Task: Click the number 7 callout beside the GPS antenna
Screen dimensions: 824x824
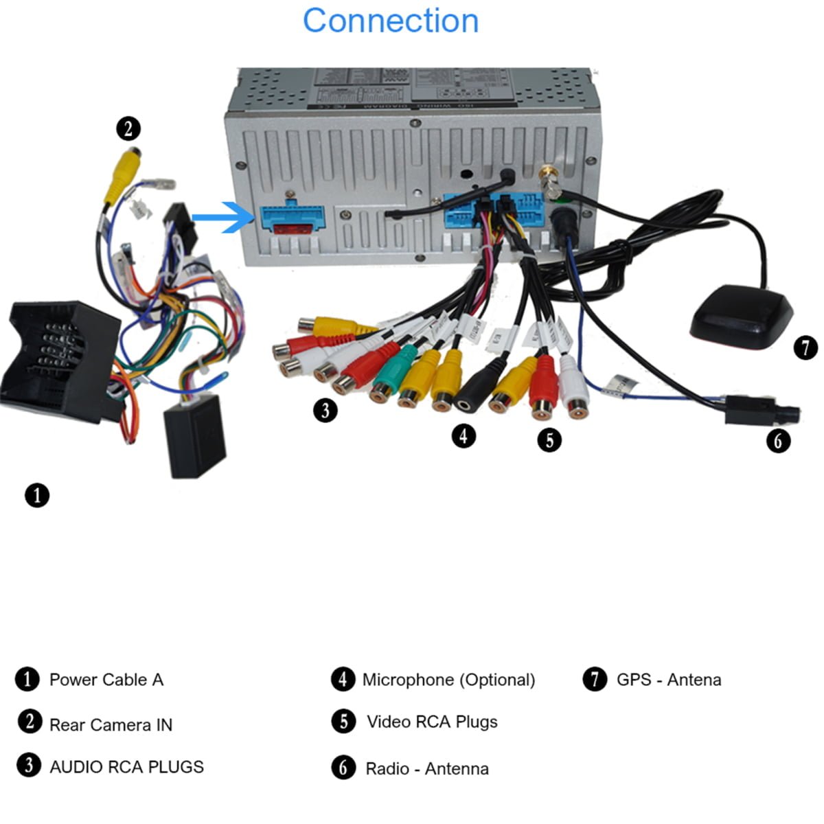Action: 805,347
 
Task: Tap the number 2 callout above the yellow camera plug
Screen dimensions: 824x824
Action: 128,128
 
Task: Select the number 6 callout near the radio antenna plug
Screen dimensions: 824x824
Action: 778,440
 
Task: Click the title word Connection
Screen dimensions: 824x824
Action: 390,21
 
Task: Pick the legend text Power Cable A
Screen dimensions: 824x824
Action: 106,680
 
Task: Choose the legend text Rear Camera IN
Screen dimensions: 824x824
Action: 111,724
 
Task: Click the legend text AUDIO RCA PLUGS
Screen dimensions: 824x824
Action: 126,766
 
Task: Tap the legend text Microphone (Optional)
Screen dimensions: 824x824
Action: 448,680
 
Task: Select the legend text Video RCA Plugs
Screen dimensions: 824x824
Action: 432,722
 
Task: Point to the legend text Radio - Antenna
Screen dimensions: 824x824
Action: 426,768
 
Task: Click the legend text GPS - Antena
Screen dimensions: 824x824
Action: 669,680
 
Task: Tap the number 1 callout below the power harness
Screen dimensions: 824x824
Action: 37,494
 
